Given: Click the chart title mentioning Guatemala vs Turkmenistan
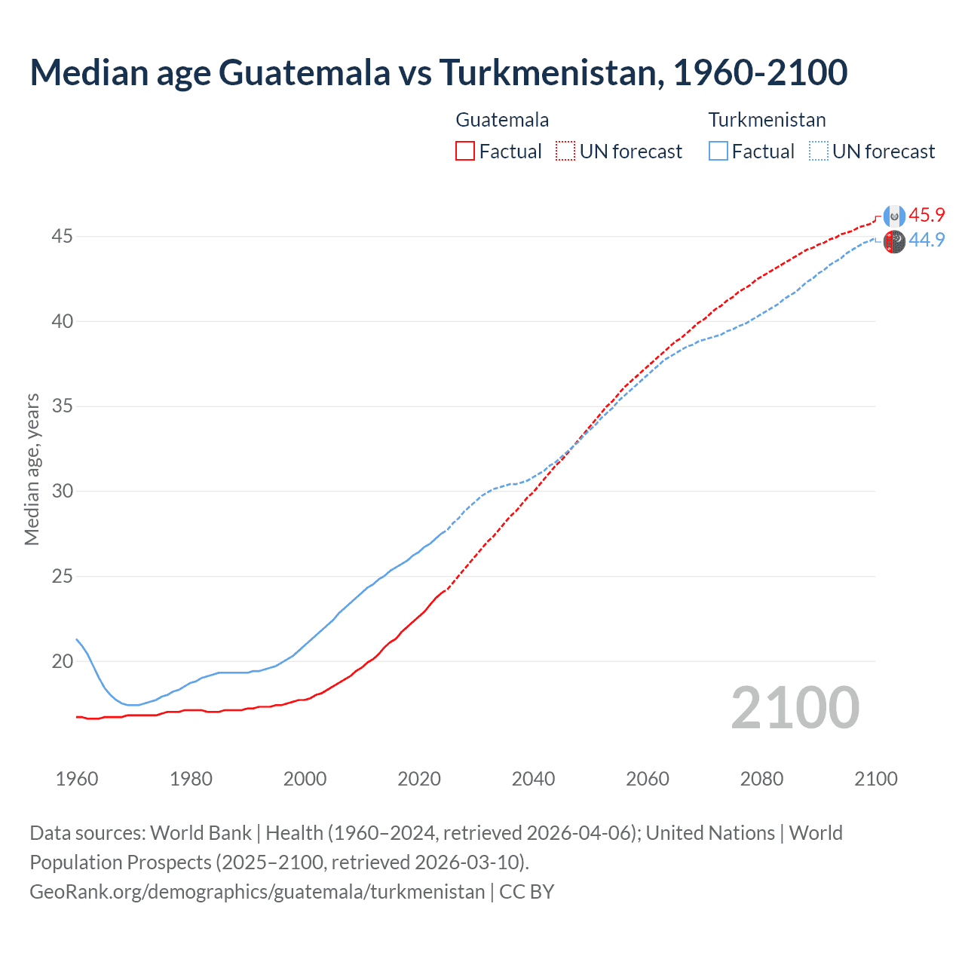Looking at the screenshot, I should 438,72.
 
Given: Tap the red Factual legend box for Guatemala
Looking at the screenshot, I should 465,152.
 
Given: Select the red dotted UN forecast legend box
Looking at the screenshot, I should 565,152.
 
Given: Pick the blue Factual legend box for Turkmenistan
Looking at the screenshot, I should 718,152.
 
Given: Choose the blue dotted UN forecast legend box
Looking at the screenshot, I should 818,152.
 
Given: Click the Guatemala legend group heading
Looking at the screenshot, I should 502,120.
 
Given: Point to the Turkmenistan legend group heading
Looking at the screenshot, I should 767,120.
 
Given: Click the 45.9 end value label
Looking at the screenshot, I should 927,215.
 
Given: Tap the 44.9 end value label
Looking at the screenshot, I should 927,240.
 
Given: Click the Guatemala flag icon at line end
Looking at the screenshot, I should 894,216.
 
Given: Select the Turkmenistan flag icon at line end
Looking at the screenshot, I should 894,242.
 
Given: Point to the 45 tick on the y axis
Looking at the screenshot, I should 62,237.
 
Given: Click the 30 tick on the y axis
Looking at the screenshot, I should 62,492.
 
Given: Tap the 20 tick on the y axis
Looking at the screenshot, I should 62,662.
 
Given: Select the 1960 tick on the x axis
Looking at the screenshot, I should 77,779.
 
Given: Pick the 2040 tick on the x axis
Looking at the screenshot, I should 533,779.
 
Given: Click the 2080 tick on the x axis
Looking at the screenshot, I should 761,779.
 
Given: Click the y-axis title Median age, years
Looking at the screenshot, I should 32,469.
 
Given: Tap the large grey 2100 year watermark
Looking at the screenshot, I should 795,707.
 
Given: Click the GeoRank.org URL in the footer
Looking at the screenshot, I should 257,892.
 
